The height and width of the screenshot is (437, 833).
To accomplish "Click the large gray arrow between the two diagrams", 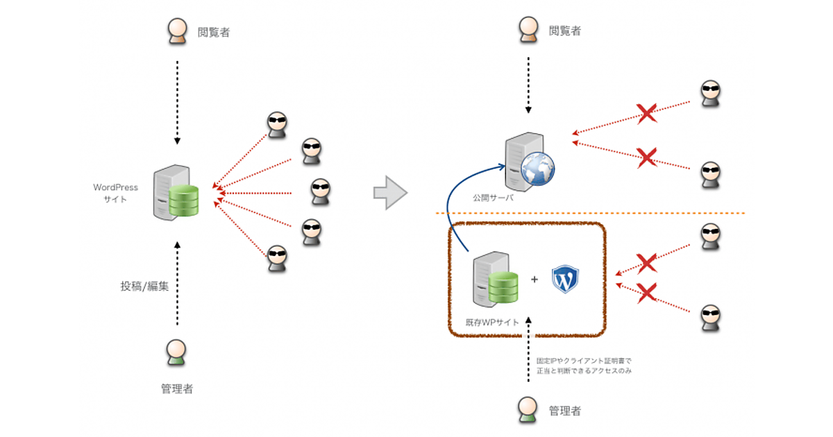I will pyautogui.click(x=389, y=192).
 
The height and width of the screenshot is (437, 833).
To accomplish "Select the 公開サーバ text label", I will pyautogui.click(x=494, y=198).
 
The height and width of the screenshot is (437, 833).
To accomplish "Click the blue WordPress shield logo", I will pyautogui.click(x=565, y=279).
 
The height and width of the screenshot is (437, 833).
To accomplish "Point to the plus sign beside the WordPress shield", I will pyautogui.click(x=535, y=280).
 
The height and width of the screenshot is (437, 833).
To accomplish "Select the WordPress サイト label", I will pyautogui.click(x=116, y=193).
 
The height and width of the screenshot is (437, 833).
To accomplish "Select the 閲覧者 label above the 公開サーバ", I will pyautogui.click(x=564, y=31).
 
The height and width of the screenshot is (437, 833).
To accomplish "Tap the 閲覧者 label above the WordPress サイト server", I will pyautogui.click(x=213, y=31).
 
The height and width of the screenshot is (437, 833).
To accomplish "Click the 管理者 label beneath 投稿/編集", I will pyautogui.click(x=176, y=389).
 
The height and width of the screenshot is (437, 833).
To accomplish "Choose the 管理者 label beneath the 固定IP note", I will pyautogui.click(x=564, y=411).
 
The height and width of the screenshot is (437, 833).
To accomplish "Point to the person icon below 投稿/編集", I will pyautogui.click(x=176, y=352).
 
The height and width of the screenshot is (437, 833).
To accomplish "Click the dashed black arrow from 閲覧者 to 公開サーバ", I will pyautogui.click(x=528, y=87).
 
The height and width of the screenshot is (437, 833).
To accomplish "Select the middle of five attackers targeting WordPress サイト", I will pyautogui.click(x=319, y=191).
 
